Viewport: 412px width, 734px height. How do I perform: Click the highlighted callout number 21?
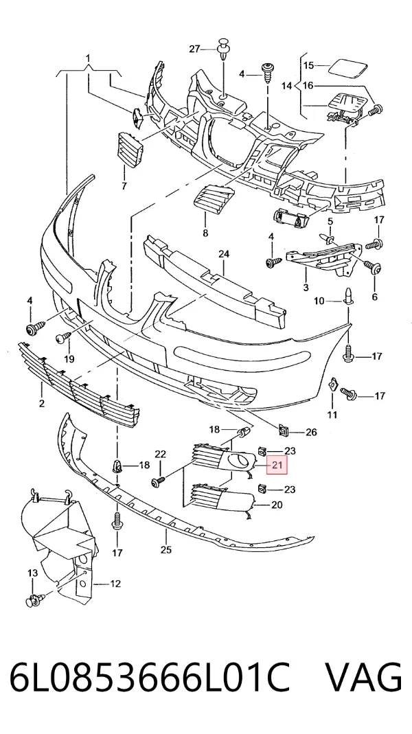pos(277,466)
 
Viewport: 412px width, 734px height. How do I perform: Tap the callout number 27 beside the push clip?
pos(194,49)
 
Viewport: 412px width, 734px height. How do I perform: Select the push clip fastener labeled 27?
pos(223,50)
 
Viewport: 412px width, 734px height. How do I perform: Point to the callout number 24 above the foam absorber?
pos(224,254)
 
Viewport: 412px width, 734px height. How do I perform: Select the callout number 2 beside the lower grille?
pos(42,404)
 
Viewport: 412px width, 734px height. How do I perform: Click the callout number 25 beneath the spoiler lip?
pos(166,550)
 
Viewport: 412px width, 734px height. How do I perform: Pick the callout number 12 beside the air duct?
pos(115,584)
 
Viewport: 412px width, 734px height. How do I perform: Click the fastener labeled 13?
pos(35,599)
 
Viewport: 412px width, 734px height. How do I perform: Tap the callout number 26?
pos(311,432)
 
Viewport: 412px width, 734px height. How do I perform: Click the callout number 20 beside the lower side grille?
pos(277,505)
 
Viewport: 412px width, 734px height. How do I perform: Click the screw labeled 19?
pos(63,336)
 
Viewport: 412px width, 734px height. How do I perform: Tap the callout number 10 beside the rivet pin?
pos(319,301)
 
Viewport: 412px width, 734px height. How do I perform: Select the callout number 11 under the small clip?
pos(332,414)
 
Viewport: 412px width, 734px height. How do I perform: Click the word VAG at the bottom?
pos(363,678)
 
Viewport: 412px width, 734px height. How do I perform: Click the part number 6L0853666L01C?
pos(150,678)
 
